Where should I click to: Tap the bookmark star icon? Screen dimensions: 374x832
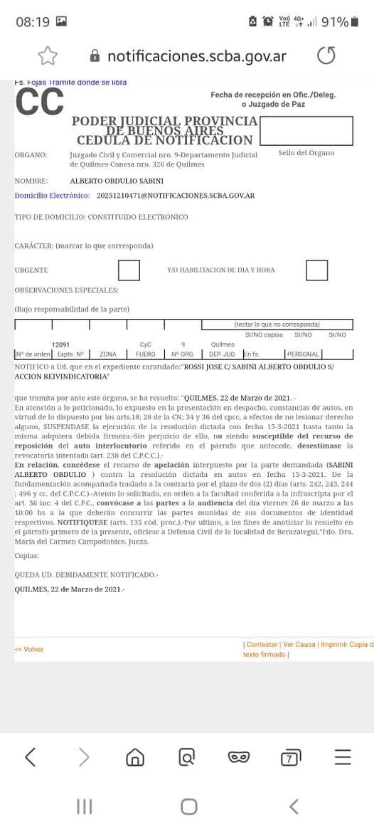pyautogui.click(x=48, y=56)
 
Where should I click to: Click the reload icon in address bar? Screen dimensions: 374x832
pyautogui.click(x=326, y=56)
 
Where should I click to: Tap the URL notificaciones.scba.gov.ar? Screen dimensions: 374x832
pyautogui.click(x=197, y=56)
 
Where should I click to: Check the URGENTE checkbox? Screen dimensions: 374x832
pyautogui.click(x=129, y=270)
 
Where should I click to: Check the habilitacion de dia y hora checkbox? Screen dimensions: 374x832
pyautogui.click(x=316, y=270)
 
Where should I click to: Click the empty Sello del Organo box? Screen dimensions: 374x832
pyautogui.click(x=306, y=130)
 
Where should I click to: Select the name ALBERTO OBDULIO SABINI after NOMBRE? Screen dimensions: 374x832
pyautogui.click(x=117, y=181)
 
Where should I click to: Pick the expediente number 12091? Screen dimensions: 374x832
pyautogui.click(x=60, y=344)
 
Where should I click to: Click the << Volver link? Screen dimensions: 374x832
pyautogui.click(x=29, y=649)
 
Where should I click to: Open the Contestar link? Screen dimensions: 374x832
pyautogui.click(x=261, y=645)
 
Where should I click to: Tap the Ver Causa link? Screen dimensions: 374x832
pyautogui.click(x=299, y=645)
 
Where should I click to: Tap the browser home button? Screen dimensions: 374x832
pyautogui.click(x=134, y=758)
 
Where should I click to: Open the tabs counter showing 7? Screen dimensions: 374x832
pyautogui.click(x=289, y=758)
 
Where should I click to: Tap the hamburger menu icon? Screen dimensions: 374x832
pyautogui.click(x=343, y=757)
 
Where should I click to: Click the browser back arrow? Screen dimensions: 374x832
pyautogui.click(x=30, y=757)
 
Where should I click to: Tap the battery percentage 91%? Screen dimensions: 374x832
pyautogui.click(x=335, y=22)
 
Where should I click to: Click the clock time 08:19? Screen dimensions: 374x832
pyautogui.click(x=32, y=22)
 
